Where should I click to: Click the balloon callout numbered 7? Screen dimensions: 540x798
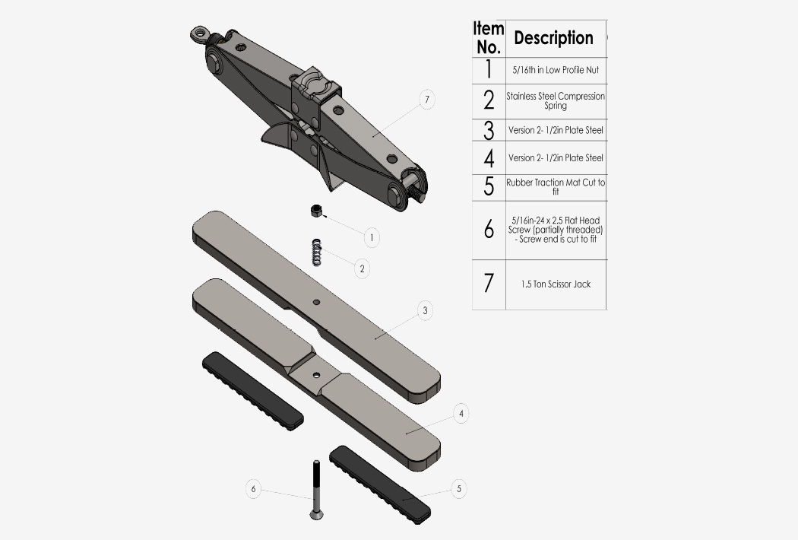pos(427,99)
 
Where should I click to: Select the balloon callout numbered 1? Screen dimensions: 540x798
pos(371,237)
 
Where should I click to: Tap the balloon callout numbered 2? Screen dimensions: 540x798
pos(362,268)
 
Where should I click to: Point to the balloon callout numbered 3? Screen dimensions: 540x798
pos(425,310)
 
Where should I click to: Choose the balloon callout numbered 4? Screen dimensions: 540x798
pos(461,414)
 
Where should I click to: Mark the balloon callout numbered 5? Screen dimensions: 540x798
pos(458,488)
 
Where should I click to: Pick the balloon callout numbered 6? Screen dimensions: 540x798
pos(254,489)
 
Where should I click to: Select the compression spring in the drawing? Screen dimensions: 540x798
pos(316,253)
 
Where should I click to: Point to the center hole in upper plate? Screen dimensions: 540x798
pos(317,303)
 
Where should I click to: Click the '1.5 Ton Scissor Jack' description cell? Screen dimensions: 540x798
pos(556,284)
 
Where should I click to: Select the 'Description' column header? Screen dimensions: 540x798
pos(553,38)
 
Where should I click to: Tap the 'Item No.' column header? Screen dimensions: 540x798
pos(489,38)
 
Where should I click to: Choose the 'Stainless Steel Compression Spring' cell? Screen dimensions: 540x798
pos(556,101)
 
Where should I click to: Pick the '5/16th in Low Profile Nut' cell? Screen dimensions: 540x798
pos(556,70)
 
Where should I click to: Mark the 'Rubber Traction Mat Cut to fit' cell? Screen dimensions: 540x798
pos(556,187)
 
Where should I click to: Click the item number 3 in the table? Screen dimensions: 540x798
pos(489,130)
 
